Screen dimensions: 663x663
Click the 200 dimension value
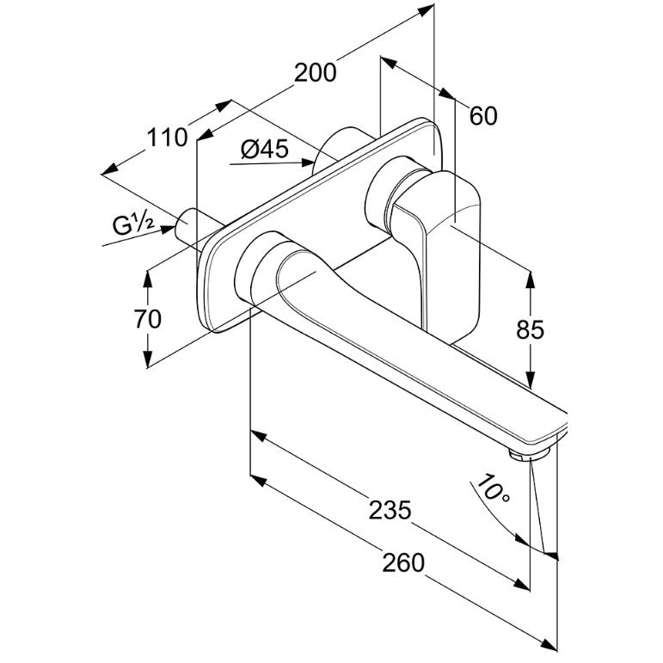pyautogui.click(x=315, y=72)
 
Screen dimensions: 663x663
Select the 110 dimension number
pyautogui.click(x=167, y=138)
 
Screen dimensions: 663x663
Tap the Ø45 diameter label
pyautogui.click(x=265, y=149)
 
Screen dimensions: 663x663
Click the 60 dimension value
pyautogui.click(x=483, y=116)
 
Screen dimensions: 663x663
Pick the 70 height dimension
pyautogui.click(x=148, y=319)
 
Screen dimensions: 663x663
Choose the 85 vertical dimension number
pyautogui.click(x=530, y=329)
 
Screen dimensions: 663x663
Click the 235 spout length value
pyautogui.click(x=390, y=510)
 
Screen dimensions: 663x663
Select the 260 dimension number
pyautogui.click(x=402, y=562)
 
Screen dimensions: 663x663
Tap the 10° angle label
pyautogui.click(x=493, y=488)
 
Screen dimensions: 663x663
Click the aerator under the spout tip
pyautogui.click(x=528, y=454)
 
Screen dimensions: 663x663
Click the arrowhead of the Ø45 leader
pyautogui.click(x=307, y=163)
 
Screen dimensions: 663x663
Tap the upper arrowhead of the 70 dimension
pyautogui.click(x=148, y=279)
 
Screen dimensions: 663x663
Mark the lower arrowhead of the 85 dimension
pyautogui.click(x=530, y=379)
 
